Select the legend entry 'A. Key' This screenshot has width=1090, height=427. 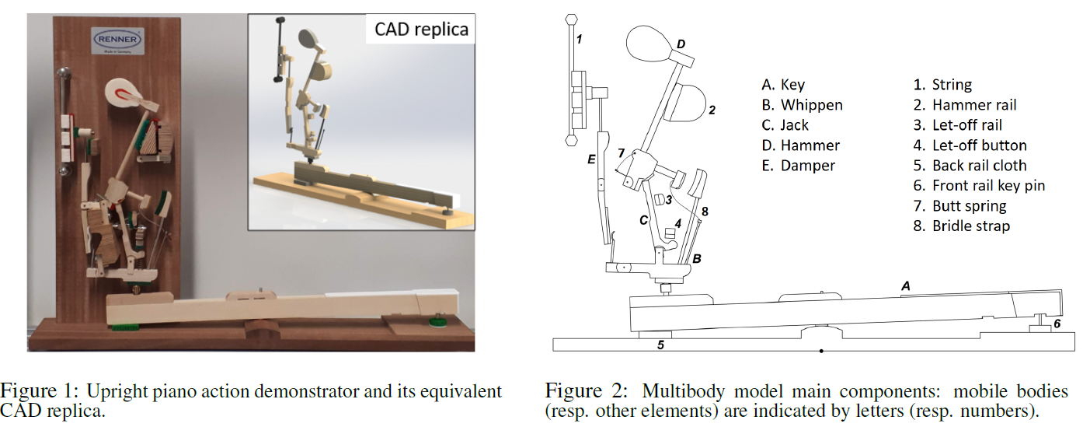tap(783, 85)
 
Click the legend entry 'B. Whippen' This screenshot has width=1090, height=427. tap(802, 105)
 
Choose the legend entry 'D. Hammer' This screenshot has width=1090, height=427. tap(800, 145)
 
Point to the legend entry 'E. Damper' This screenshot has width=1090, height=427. tap(799, 166)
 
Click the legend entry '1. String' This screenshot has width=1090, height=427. tap(942, 85)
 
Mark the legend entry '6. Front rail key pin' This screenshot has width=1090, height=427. tap(979, 186)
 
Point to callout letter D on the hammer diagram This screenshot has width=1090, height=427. tap(681, 44)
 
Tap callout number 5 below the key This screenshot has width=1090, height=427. tap(660, 345)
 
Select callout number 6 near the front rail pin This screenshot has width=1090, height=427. tap(1057, 323)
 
